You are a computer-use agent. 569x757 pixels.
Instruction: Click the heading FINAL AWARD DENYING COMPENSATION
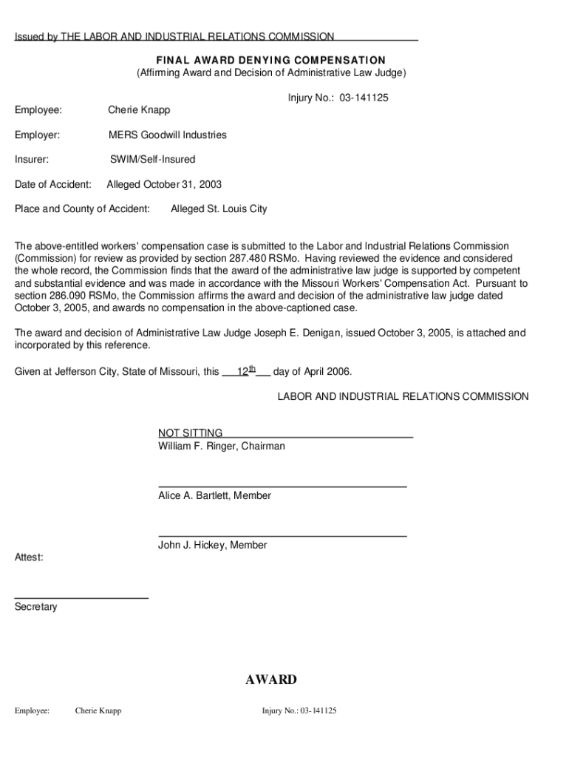click(x=270, y=60)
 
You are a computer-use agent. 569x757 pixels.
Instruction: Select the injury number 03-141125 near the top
click(x=364, y=98)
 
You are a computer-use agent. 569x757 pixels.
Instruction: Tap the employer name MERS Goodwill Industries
click(x=168, y=135)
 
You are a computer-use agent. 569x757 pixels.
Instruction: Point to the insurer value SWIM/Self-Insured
click(x=153, y=159)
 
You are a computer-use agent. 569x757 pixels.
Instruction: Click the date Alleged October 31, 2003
click(x=164, y=184)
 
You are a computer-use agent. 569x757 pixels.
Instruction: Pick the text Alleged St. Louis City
click(x=219, y=209)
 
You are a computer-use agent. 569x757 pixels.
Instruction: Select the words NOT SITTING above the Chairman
click(x=190, y=433)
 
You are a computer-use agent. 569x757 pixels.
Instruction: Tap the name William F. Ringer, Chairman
click(x=221, y=447)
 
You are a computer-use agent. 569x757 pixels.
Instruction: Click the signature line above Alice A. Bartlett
click(x=282, y=486)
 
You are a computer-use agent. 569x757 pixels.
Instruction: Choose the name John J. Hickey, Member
click(x=213, y=545)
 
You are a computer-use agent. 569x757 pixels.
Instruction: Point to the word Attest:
click(x=29, y=557)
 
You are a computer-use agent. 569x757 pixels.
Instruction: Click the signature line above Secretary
click(x=81, y=597)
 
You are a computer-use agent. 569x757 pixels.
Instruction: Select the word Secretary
click(x=35, y=607)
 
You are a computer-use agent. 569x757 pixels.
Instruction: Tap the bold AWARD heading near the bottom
click(x=271, y=679)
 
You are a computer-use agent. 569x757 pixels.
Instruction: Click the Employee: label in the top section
click(x=38, y=110)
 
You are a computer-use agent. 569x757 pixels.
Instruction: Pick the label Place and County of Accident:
click(x=82, y=209)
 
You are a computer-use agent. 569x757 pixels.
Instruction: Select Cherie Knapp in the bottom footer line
click(x=98, y=711)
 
